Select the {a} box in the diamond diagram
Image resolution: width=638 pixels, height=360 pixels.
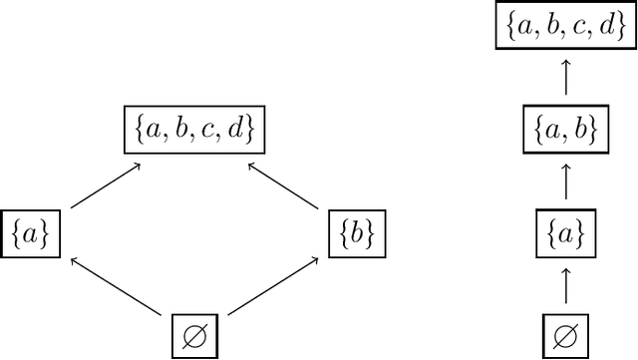30,233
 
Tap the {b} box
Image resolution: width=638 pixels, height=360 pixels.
356,233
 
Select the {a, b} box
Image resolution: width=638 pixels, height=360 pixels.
565,131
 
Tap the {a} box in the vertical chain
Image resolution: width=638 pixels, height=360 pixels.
565,233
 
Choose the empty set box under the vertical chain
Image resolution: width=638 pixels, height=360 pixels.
565,333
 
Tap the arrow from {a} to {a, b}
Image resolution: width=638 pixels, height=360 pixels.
565,181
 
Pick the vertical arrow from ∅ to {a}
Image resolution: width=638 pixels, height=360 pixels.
565,285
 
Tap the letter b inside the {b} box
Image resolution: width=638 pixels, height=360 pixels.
356,233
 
